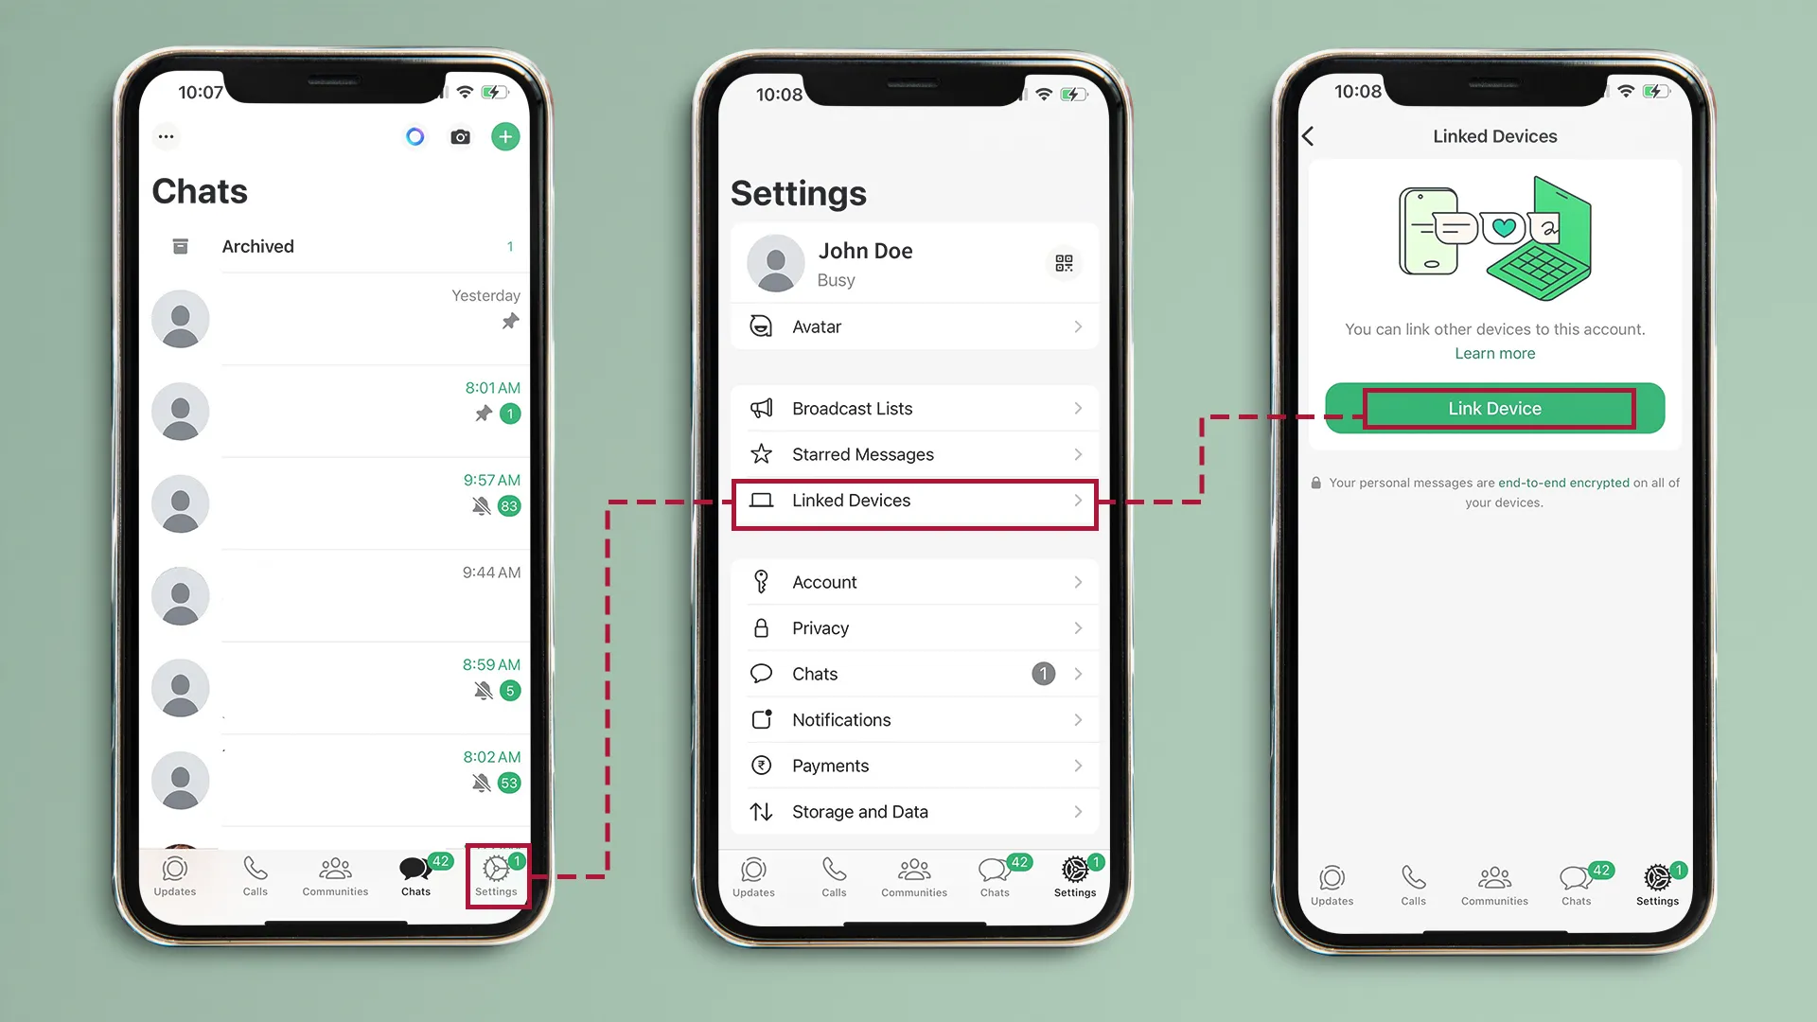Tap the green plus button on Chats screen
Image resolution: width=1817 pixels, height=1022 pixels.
(505, 137)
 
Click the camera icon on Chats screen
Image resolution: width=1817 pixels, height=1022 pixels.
(460, 137)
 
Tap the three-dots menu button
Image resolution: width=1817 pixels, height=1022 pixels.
(167, 137)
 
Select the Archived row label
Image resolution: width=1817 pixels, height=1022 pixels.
(257, 247)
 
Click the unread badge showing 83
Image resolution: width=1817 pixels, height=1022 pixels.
(509, 506)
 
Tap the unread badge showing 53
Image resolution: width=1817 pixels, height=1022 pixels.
(509, 784)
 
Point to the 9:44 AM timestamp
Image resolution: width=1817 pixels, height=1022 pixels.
(491, 573)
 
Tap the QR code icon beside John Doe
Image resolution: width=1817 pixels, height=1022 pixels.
(1064, 263)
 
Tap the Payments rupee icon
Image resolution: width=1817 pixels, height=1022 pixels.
(761, 766)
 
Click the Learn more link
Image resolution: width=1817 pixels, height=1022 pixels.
(1494, 354)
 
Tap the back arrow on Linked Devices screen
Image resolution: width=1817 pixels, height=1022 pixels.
(1308, 137)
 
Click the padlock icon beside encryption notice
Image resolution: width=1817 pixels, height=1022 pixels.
(1315, 484)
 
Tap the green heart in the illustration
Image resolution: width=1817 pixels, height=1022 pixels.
(1504, 228)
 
